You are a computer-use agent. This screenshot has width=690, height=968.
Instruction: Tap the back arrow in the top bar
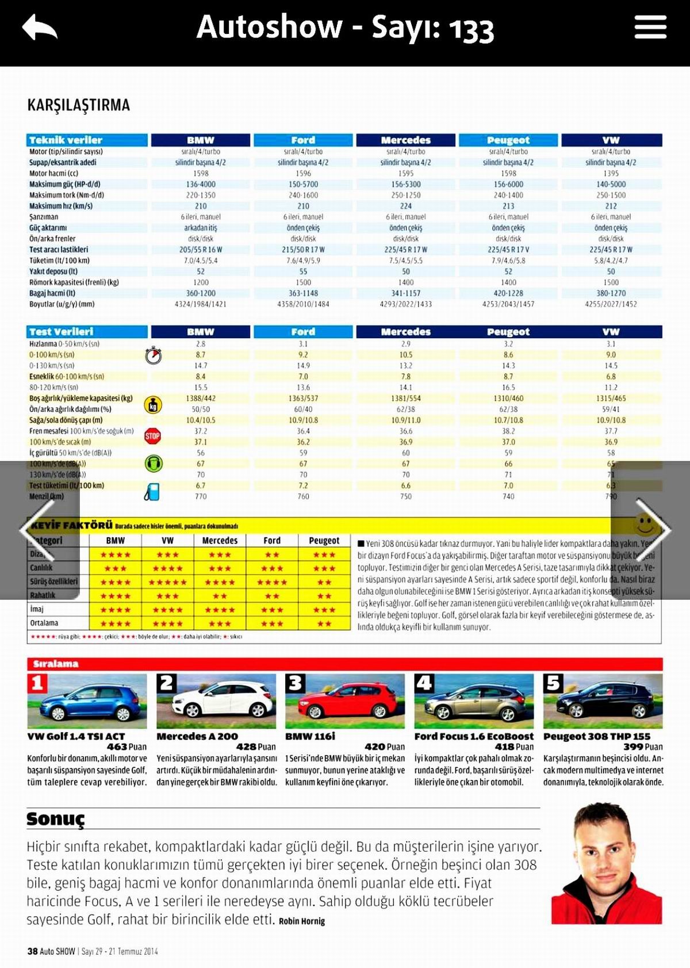[x=39, y=28]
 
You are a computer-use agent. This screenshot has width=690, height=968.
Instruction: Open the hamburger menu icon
[x=650, y=27]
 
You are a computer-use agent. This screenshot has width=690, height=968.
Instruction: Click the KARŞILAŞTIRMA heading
[x=79, y=105]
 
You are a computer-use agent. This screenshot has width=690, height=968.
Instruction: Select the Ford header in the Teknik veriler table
[x=303, y=140]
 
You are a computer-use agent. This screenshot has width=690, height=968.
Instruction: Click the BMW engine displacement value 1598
[x=201, y=173]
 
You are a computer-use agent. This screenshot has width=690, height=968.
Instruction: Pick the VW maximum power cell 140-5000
[x=611, y=184]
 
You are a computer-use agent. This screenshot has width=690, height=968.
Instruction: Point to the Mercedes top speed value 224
[x=406, y=206]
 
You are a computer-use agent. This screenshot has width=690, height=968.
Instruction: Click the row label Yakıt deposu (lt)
[x=53, y=271]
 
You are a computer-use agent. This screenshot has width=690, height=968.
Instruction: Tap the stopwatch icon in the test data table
[x=153, y=355]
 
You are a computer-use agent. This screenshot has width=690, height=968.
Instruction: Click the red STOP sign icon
[x=152, y=436]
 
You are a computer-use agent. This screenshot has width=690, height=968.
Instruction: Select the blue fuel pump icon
[x=152, y=492]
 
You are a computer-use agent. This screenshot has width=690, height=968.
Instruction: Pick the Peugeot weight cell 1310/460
[x=508, y=398]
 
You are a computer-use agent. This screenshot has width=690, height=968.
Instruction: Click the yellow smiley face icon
[x=645, y=525]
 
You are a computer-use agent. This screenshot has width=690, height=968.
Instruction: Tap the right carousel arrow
[x=652, y=529]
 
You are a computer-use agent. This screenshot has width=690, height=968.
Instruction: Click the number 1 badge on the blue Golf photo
[x=37, y=683]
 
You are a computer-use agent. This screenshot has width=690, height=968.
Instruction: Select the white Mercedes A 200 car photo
[x=217, y=701]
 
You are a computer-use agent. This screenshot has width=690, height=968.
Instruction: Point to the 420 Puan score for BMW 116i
[x=385, y=747]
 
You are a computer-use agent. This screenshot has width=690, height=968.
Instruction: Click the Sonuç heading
[x=56, y=818]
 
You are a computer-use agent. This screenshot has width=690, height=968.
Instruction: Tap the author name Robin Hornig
[x=302, y=921]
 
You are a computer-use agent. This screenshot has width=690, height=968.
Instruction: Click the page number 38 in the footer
[x=32, y=951]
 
